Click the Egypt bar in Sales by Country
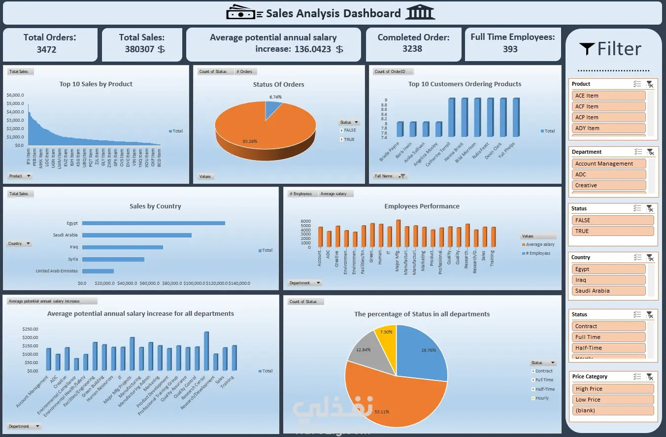tap(153, 223)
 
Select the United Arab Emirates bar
tap(98, 271)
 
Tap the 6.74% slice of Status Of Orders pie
tap(273, 109)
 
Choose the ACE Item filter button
tap(608, 96)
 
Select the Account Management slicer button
tap(608, 164)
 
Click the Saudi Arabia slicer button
tap(608, 291)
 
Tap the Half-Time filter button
tap(608, 348)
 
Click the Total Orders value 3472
tap(46, 49)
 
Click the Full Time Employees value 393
tap(510, 49)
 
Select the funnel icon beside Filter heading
tap(587, 48)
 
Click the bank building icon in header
tap(420, 13)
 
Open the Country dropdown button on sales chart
tap(20, 243)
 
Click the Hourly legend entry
tap(542, 398)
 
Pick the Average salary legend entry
tap(540, 244)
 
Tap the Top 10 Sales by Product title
tap(96, 84)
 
